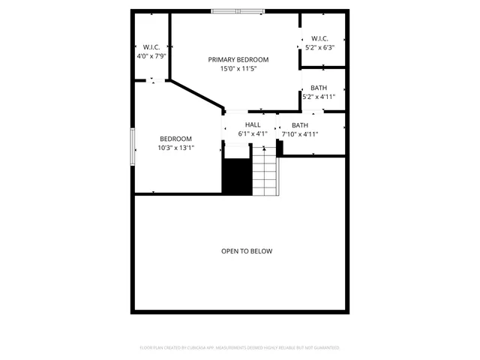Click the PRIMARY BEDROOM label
click(238, 59)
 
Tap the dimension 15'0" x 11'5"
click(238, 69)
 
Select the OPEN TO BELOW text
click(246, 251)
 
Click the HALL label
click(253, 125)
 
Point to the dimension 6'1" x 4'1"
click(253, 134)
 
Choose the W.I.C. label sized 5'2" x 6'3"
click(319, 39)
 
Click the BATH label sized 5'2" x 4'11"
click(319, 88)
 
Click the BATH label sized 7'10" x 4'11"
click(300, 125)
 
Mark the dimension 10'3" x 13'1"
click(175, 148)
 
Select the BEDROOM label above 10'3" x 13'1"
click(175, 139)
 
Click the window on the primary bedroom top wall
click(237, 11)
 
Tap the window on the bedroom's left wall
click(133, 146)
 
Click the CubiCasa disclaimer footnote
click(240, 348)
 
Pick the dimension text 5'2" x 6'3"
click(319, 48)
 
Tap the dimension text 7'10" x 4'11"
click(300, 134)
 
